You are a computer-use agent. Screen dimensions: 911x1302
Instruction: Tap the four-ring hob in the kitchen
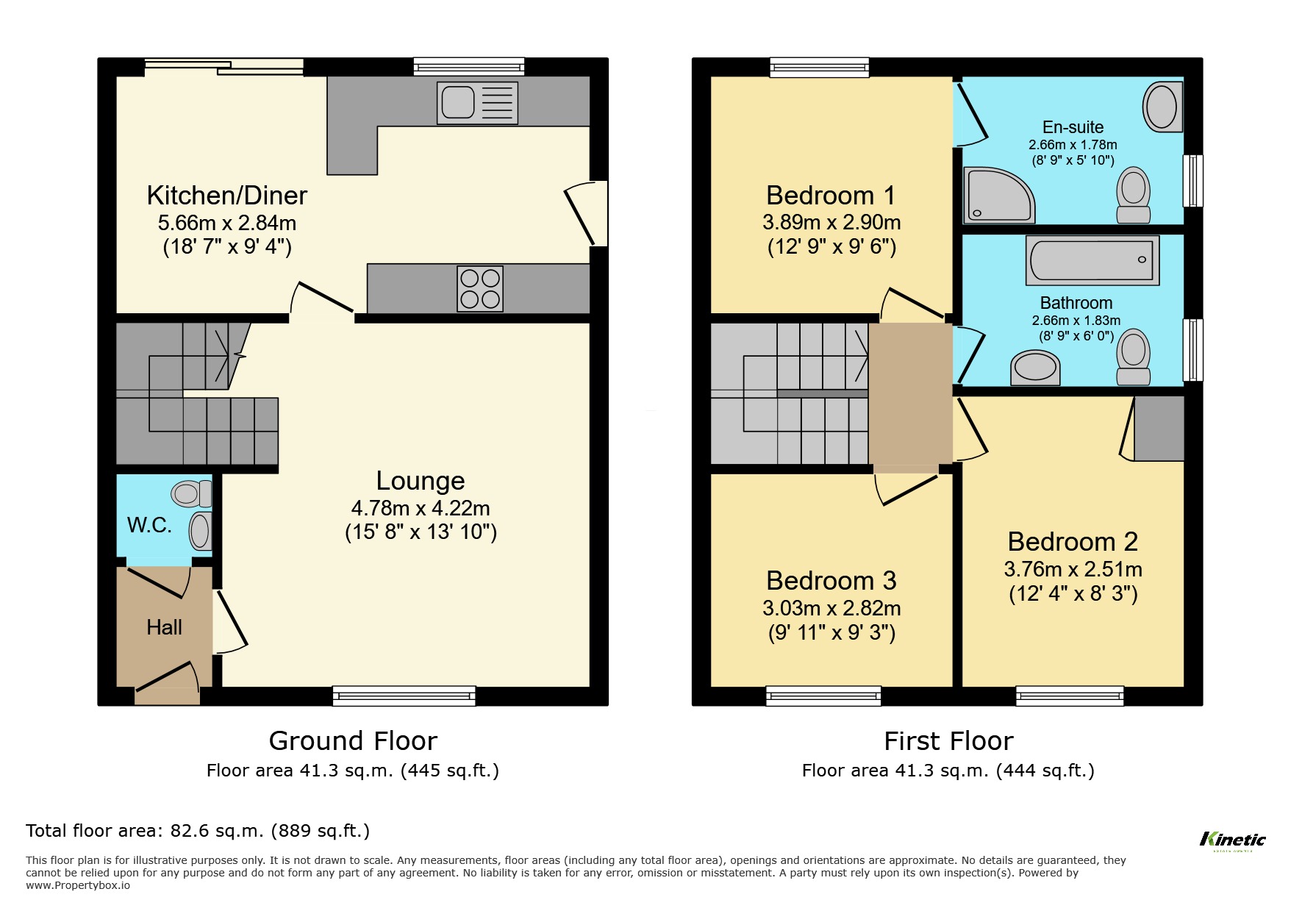[480, 288]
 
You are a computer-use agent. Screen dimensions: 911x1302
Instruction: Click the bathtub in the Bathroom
[1092, 260]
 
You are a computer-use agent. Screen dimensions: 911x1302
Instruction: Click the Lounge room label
[421, 481]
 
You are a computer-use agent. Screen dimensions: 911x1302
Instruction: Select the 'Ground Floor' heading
[353, 740]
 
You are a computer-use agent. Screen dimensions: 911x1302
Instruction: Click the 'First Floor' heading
[948, 740]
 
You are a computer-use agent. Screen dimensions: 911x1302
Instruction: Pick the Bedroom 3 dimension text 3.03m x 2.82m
[831, 608]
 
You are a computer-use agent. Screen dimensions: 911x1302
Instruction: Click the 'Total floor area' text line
[198, 831]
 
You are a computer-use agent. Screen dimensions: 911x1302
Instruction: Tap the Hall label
[164, 627]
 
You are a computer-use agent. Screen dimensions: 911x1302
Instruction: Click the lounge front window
[404, 695]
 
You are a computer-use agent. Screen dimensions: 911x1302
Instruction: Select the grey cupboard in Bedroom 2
[1159, 429]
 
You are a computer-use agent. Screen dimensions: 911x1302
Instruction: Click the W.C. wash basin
[200, 531]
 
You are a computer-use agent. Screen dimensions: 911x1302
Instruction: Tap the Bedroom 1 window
[819, 68]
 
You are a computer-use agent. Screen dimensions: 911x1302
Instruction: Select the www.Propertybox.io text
[78, 885]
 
